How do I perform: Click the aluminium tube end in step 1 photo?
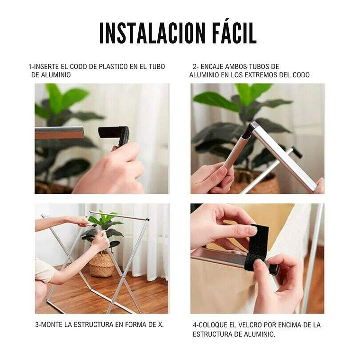60,134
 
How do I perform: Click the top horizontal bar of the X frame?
119,216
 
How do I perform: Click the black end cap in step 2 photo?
297,152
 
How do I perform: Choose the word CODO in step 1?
78,67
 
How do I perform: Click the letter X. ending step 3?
161,324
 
